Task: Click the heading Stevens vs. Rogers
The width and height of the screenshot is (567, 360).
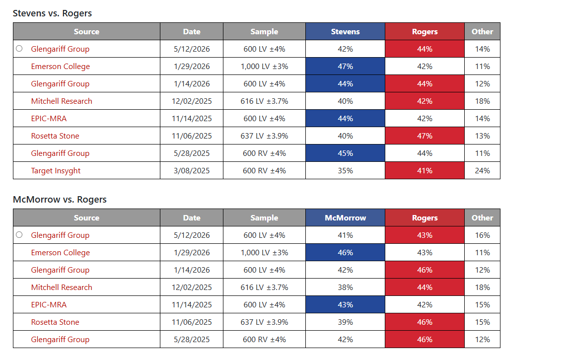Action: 53,13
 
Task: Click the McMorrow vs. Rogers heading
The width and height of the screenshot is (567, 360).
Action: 60,199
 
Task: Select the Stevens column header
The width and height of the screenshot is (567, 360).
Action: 346,31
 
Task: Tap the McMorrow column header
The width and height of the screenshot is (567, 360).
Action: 346,218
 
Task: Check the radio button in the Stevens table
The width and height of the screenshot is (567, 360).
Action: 19,49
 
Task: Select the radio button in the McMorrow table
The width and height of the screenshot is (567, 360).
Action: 19,235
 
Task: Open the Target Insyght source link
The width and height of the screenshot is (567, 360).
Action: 56,171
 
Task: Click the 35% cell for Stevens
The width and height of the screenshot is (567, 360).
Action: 346,170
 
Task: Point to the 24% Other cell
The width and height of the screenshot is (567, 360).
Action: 483,170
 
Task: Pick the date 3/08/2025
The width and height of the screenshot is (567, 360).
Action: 192,171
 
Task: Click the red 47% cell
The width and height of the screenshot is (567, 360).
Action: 425,136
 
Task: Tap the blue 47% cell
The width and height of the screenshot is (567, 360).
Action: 346,66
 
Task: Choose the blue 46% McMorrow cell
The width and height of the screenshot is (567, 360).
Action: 346,253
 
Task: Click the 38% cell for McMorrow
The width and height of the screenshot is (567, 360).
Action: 346,288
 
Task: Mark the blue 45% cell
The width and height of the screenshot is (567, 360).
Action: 346,153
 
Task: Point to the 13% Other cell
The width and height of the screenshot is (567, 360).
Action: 483,136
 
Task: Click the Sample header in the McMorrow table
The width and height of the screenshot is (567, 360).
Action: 264,218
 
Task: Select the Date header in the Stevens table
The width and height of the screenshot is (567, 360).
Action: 192,31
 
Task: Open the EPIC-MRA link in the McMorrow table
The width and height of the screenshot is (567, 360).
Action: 49,305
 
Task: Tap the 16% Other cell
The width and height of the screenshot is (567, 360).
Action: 483,235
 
